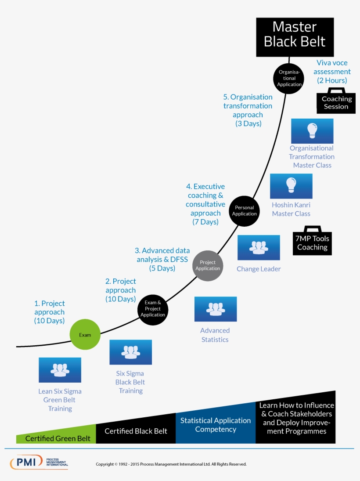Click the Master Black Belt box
point(295,37)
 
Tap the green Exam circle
point(85,334)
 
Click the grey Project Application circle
point(208,266)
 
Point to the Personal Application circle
point(244,211)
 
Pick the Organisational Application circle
point(288,79)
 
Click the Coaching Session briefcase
point(336,101)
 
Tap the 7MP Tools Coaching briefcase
point(312,241)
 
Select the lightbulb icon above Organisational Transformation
point(312,131)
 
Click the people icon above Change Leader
point(259,248)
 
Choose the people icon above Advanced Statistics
point(216,309)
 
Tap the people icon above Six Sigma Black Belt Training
point(131,352)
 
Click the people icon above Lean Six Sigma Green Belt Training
point(60,370)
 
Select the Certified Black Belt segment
point(136,430)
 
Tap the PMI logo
point(39,462)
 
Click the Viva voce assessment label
point(332,72)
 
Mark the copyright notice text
point(171,464)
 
